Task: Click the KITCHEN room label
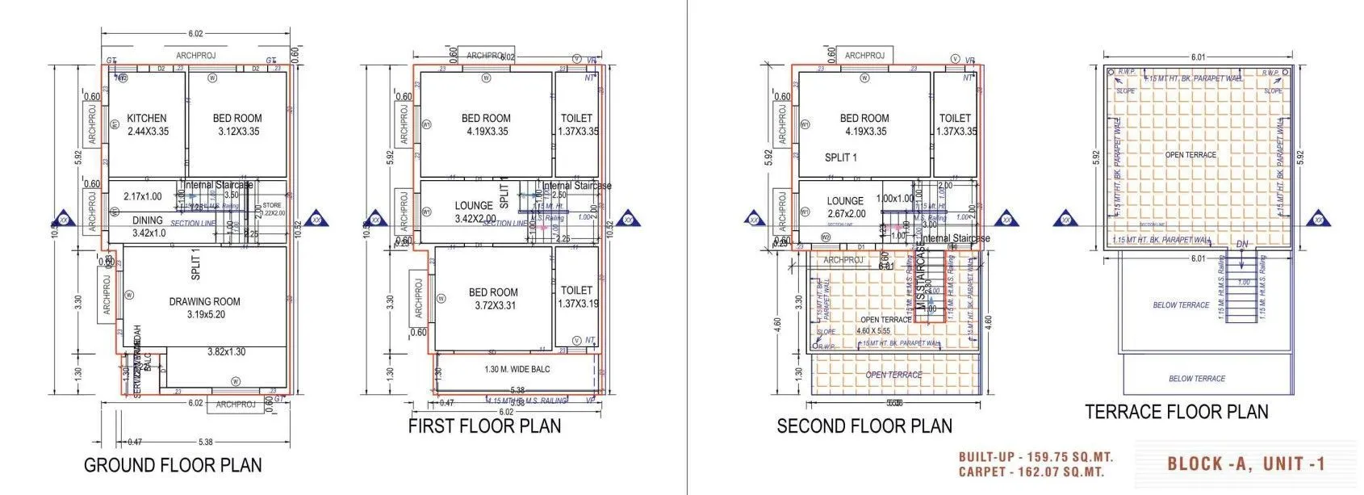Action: click(x=147, y=118)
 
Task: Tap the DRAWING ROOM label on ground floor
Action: click(x=204, y=301)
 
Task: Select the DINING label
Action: click(x=148, y=220)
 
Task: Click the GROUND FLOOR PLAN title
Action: click(x=173, y=465)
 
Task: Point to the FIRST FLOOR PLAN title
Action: click(x=484, y=426)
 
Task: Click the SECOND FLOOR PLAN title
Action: click(x=864, y=426)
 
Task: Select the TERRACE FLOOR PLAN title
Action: click(x=1176, y=412)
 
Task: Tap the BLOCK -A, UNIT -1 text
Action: click(x=1246, y=464)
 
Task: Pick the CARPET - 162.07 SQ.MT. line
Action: click(x=1031, y=472)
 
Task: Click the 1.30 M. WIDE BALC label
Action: click(x=517, y=369)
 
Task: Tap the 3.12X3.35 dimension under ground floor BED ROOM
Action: click(x=237, y=132)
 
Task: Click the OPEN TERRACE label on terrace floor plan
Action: click(x=1190, y=154)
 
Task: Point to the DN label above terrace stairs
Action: click(x=1241, y=244)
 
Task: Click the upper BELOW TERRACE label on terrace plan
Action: click(x=1181, y=305)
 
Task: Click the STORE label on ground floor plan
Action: click(x=272, y=206)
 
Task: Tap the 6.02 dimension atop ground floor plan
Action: click(x=195, y=34)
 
